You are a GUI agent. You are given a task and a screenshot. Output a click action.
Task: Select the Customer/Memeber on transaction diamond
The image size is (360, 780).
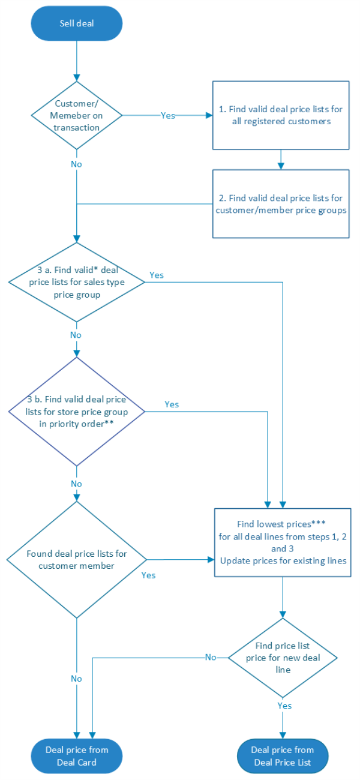tap(77, 115)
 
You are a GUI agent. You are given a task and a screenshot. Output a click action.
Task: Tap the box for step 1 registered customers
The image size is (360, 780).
tap(280, 115)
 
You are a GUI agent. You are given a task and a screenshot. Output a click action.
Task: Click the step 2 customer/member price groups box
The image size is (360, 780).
tap(280, 204)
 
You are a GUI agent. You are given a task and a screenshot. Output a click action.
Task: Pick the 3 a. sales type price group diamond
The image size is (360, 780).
tap(77, 280)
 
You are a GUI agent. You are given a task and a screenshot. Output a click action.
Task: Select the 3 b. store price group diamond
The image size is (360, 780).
tap(77, 412)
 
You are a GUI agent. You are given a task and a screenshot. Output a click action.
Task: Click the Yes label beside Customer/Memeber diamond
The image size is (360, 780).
tap(168, 115)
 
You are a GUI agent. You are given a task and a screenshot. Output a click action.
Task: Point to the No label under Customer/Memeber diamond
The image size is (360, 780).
tap(77, 163)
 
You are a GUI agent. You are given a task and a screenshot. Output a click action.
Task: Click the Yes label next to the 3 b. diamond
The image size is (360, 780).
tap(172, 404)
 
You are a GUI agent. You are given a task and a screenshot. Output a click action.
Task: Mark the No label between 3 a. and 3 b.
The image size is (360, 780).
tap(77, 334)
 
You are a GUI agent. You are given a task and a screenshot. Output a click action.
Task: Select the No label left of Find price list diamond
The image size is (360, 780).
tap(211, 657)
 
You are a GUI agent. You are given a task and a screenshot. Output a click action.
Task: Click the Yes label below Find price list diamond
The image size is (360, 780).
tap(284, 706)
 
